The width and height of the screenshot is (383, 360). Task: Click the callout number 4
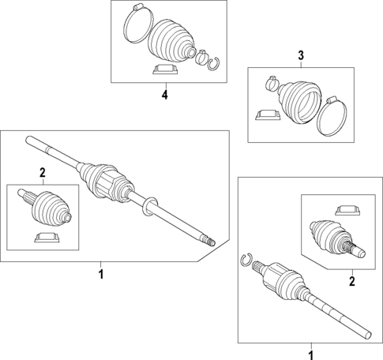(165, 95)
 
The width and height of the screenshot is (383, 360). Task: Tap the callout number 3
(301, 55)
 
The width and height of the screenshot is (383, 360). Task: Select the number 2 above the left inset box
(43, 173)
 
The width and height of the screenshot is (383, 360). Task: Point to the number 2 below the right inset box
(352, 281)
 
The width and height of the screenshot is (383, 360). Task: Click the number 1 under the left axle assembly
(101, 275)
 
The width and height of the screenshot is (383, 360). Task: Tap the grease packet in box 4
(165, 69)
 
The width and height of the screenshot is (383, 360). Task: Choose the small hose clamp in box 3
(271, 83)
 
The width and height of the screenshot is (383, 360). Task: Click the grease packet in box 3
(268, 115)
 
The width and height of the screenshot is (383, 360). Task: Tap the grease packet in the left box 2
(47, 238)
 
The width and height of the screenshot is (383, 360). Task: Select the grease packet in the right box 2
(347, 210)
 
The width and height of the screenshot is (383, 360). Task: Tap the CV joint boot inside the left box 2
(51, 209)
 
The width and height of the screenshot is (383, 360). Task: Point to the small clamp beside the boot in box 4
(201, 58)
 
